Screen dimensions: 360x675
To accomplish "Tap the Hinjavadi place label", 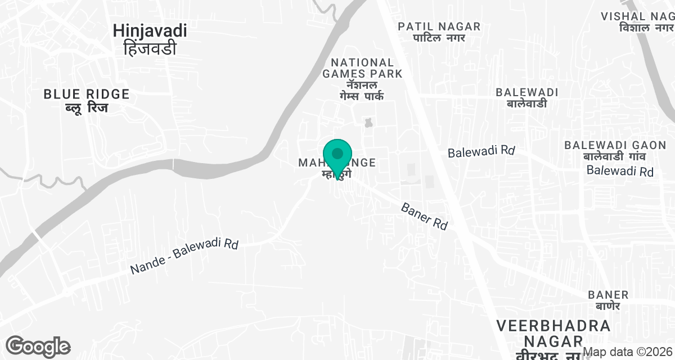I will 150,30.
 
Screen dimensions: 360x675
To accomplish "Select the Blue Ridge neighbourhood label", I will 87,94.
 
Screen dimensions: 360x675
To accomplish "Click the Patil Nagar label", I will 439,26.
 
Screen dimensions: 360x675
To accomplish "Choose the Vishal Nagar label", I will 637,16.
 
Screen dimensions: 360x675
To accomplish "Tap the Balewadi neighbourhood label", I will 526,92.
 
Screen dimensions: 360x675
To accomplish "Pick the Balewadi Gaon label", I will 608,145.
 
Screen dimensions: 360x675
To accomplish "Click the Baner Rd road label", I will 425,216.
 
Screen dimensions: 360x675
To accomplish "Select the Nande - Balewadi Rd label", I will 184,257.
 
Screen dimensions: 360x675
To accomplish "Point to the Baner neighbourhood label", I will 608,295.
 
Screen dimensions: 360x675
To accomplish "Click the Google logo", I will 38,346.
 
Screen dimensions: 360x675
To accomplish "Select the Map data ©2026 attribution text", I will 628,352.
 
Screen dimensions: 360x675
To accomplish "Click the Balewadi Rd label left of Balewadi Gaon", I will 481,152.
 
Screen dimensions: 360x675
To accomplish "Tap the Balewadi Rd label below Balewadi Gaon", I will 620,171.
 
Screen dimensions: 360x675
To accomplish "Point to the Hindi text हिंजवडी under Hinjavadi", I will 150,48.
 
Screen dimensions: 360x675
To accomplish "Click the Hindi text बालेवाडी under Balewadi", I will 526,103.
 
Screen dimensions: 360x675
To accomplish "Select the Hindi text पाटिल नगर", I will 439,38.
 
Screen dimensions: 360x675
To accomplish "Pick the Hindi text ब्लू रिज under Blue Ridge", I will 87,107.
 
